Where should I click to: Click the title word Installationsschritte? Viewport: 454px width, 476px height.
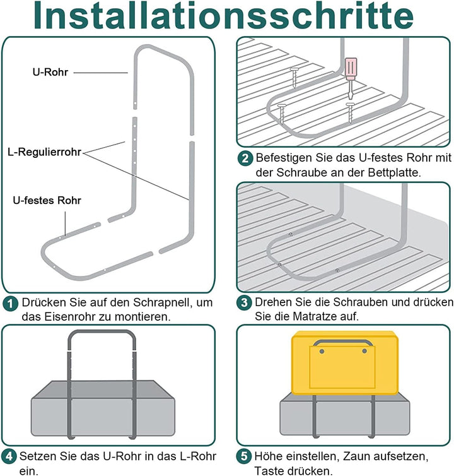226,17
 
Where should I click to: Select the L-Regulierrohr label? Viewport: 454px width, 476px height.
44,152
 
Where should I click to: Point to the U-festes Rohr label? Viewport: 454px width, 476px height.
47,200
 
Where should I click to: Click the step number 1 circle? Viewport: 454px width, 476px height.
10,304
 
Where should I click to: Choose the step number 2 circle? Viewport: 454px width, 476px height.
245,158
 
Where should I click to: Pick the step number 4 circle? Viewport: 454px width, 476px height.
10,456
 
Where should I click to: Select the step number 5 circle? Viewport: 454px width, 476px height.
245,456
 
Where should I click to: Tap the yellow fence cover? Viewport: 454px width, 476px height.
344,363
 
